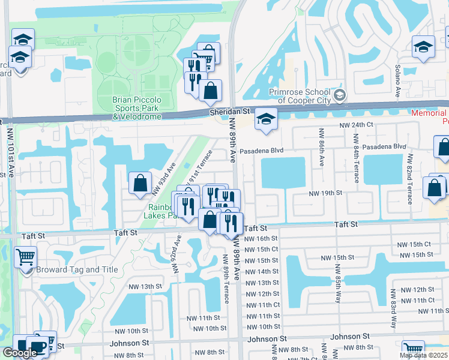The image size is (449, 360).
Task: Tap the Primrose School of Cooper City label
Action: pyautogui.click(x=299, y=96)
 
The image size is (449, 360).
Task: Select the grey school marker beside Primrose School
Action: pyautogui.click(x=340, y=95)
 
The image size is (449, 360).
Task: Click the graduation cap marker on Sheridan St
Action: pyautogui.click(x=265, y=119)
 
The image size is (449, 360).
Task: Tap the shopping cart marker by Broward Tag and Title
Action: pyautogui.click(x=25, y=258)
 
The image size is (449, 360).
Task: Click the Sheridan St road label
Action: pyautogui.click(x=229, y=112)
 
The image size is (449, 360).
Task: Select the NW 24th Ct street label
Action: pyautogui.click(x=356, y=125)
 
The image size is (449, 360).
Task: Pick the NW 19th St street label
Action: pyautogui.click(x=325, y=193)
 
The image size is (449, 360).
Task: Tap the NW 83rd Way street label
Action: pyautogui.click(x=394, y=310)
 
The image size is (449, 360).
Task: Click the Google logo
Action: pyautogui.click(x=20, y=353)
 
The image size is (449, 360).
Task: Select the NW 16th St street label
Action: pyautogui.click(x=259, y=238)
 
